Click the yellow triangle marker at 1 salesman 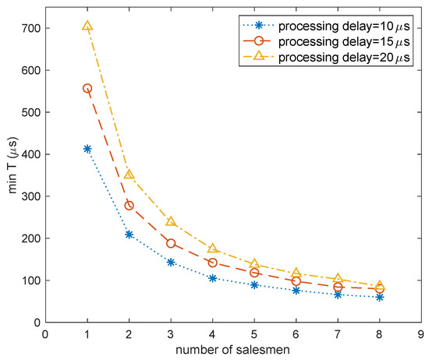pos(87,26)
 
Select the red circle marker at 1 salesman pos(87,88)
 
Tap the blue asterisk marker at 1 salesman pos(87,148)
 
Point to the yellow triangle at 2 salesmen pos(129,175)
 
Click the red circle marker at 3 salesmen pos(171,243)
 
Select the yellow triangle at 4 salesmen pos(213,248)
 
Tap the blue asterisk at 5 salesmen pos(255,285)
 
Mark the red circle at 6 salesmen pos(296,281)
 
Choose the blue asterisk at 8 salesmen pos(380,297)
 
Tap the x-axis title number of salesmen pos(233,351)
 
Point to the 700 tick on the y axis pos(31,28)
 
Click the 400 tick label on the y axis pos(31,154)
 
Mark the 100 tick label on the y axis pos(31,281)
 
